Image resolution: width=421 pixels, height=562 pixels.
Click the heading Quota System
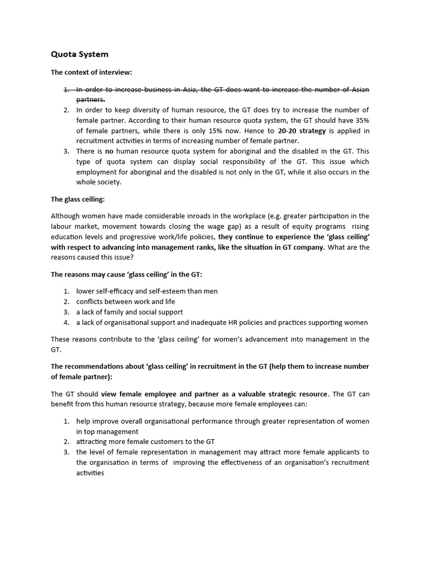79,54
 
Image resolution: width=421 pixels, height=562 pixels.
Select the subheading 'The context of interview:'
92,72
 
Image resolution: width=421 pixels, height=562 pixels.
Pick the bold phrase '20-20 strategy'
302,131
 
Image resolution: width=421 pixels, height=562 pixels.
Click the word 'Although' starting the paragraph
66,216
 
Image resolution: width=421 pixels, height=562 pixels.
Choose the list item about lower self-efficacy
147,291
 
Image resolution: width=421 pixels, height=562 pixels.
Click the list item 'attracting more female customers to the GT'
146,442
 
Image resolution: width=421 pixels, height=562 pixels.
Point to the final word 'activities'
90,473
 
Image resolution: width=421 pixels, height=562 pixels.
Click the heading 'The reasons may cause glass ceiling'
134,274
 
